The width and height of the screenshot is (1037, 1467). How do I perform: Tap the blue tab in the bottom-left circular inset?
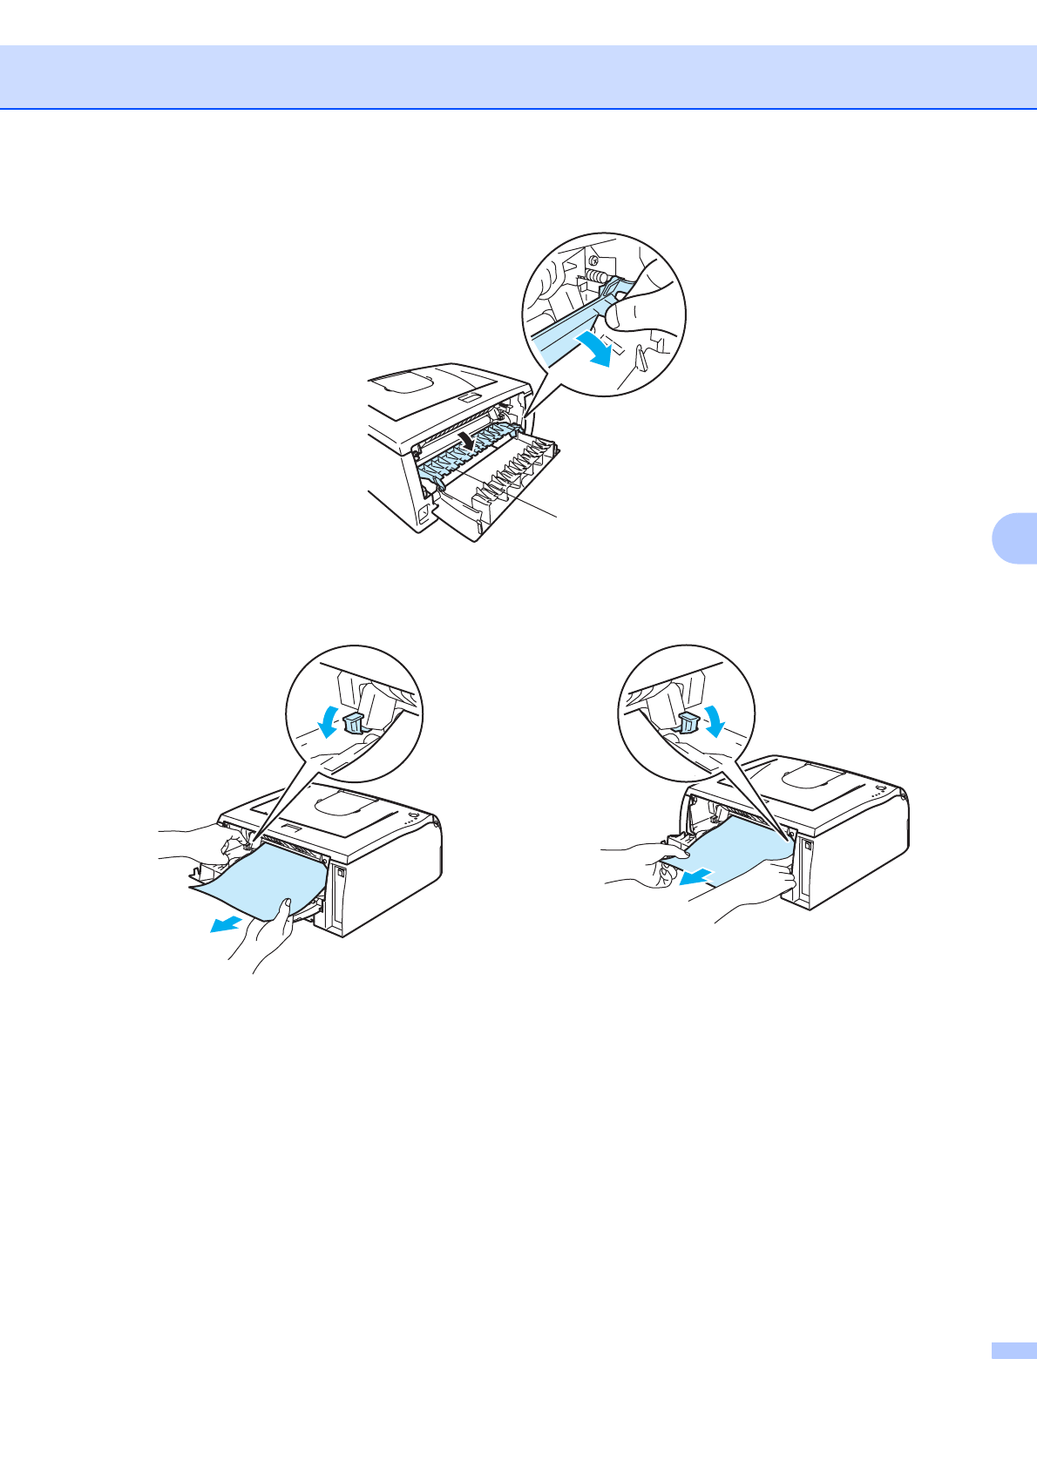coord(353,722)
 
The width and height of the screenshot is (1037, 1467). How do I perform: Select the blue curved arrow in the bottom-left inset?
coord(328,720)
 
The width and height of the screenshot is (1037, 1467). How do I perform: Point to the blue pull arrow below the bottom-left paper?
coord(224,924)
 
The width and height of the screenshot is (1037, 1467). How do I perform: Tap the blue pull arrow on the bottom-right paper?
coord(697,877)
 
